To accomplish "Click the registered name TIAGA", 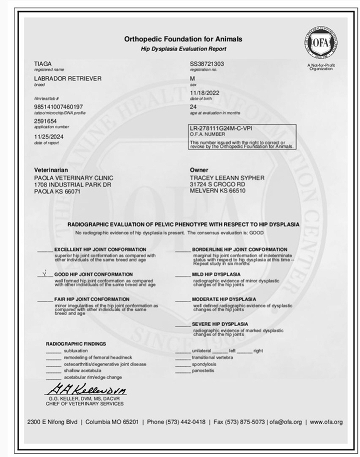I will pos(42,64).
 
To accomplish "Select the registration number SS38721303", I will pos(207,64).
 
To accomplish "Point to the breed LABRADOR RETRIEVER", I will pos(67,79).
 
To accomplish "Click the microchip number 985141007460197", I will pos(58,107).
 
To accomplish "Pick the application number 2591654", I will pos(45,121).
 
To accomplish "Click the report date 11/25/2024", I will pos(48,136).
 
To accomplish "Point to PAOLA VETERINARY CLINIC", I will pos(73,178).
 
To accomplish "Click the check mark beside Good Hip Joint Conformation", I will pos(44,274).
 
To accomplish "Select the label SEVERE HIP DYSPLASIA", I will pos(220,324).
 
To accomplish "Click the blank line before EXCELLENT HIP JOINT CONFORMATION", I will pos(44,249).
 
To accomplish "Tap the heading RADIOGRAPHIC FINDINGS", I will pos(76,344).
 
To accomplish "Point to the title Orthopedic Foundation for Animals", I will pos(183,39).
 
